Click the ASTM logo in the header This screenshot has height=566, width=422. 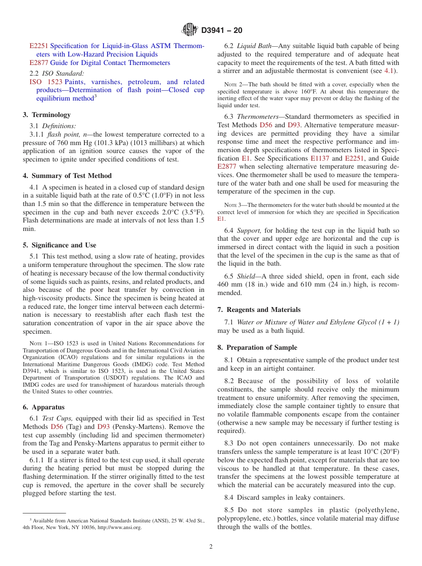point(190,30)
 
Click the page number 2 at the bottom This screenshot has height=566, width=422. point(211,547)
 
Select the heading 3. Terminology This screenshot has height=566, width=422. point(47,115)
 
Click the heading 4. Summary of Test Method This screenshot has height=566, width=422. point(67,176)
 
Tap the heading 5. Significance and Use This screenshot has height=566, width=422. point(60,245)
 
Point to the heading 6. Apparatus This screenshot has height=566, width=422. point(44,407)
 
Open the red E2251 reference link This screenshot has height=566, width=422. point(39,46)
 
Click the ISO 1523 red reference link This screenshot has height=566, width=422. point(46,82)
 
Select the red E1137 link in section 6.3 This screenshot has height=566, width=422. point(320,158)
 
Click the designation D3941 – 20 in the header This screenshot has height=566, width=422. point(222,31)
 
